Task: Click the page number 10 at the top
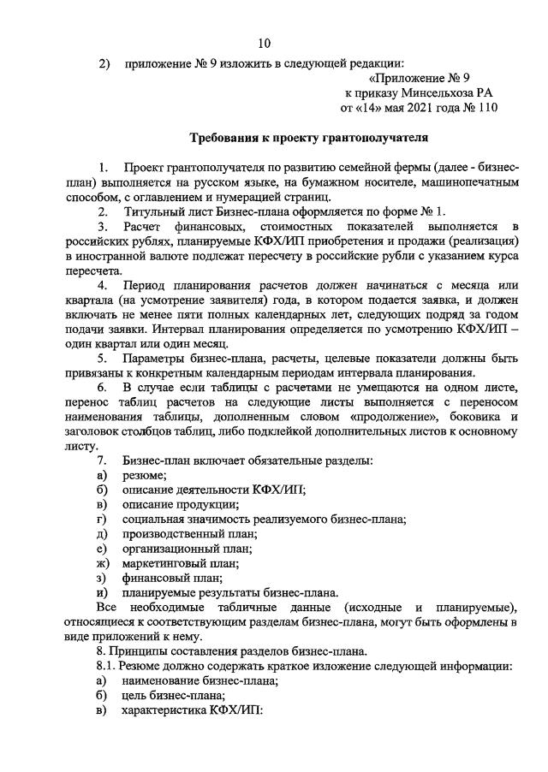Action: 264,44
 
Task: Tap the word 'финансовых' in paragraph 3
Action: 193,225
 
